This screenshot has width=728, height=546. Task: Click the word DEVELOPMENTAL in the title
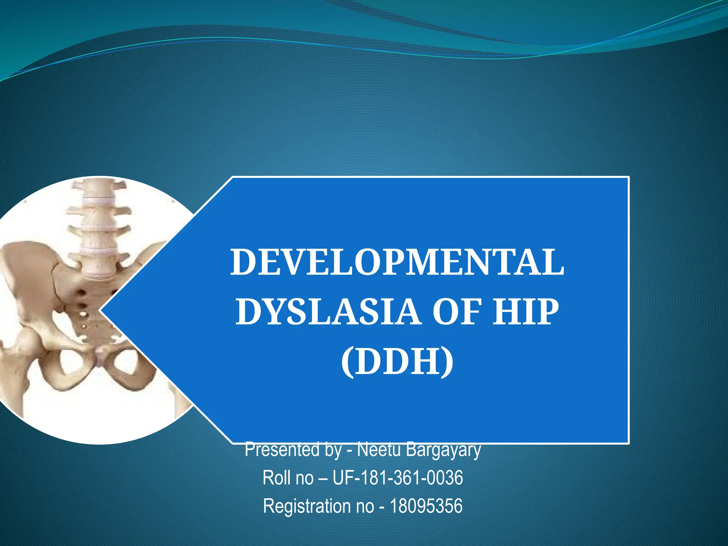(397, 263)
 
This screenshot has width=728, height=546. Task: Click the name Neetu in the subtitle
(379, 450)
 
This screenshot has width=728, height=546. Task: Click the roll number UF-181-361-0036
(397, 477)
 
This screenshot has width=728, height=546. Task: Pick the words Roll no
(288, 477)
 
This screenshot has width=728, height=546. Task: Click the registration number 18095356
(426, 506)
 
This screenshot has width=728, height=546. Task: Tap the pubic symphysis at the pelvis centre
(101, 355)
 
